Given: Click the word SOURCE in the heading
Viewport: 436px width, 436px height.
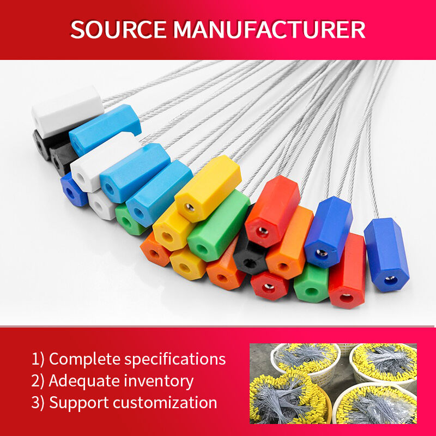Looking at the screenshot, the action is pyautogui.click(x=118, y=29).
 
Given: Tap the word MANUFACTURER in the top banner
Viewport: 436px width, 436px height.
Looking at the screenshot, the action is pyautogui.click(x=269, y=29).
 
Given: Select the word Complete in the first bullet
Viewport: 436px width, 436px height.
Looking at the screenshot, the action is pyautogui.click(x=84, y=359).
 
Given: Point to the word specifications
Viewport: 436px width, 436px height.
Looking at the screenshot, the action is pyautogui.click(x=175, y=359).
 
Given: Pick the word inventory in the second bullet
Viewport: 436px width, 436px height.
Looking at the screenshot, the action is pyautogui.click(x=158, y=381).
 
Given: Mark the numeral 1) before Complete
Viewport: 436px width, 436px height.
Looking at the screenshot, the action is pyautogui.click(x=38, y=359).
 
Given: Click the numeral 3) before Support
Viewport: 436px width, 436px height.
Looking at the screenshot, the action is pyautogui.click(x=38, y=402).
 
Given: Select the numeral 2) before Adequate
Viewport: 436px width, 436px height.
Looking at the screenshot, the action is pyautogui.click(x=38, y=380).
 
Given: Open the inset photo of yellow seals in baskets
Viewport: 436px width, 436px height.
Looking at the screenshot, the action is pyautogui.click(x=333, y=384).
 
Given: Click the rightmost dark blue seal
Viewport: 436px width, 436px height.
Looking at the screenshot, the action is pyautogui.click(x=386, y=255).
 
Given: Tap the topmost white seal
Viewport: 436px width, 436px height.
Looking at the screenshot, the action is pyautogui.click(x=68, y=112).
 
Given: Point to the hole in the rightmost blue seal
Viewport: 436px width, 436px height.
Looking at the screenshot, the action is pyautogui.click(x=391, y=280).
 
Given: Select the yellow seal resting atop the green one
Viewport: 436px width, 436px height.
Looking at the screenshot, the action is pyautogui.click(x=208, y=189).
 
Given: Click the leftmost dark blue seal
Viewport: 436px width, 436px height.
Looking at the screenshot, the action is pyautogui.click(x=73, y=190).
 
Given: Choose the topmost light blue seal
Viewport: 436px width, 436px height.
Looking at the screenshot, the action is pyautogui.click(x=105, y=129).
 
